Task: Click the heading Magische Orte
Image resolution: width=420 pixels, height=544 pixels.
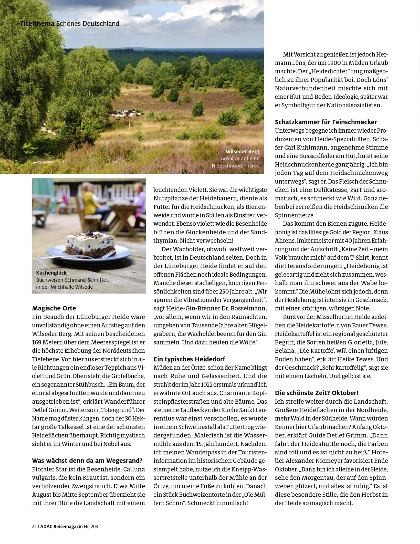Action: [x=54, y=308]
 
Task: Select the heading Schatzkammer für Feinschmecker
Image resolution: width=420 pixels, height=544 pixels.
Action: [x=326, y=122]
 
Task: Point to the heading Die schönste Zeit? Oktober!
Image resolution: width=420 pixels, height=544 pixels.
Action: [x=317, y=393]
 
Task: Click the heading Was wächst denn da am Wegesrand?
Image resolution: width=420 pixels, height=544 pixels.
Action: [x=87, y=461]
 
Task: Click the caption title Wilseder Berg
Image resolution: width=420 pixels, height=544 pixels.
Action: [x=242, y=151]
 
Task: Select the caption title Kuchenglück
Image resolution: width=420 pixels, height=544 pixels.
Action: [x=51, y=273]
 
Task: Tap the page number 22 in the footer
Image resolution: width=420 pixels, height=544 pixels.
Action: [x=34, y=527]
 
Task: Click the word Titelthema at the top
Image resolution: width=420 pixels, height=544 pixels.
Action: [x=38, y=24]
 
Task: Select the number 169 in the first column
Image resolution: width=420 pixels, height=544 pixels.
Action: [x=37, y=342]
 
